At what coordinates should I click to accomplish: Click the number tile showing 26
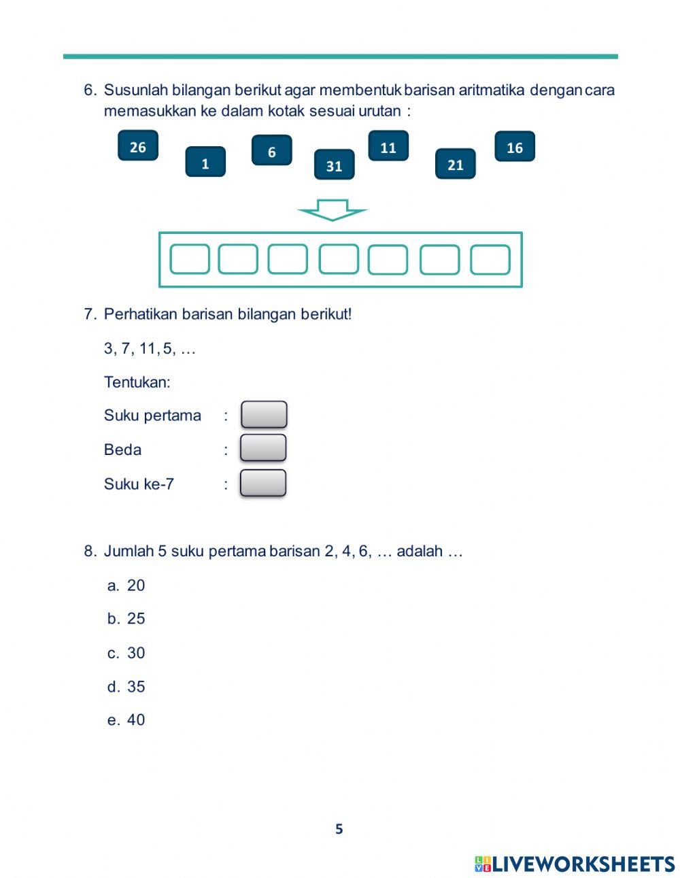pos(137,146)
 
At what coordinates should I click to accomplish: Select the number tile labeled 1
pos(205,163)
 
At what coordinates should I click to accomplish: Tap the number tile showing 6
pos(271,151)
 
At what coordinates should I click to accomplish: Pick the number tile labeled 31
pos(334,165)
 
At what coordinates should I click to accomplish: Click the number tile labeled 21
pos(455,164)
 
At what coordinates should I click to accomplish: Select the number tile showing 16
pos(514,147)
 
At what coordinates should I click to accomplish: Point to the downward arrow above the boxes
pos(333,209)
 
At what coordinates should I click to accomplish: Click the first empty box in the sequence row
pos(189,259)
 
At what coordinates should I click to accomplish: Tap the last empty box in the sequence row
pos(490,259)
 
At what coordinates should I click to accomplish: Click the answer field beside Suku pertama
pos(264,415)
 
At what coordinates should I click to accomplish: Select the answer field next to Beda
pos(263,448)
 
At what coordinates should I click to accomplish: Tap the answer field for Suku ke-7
pos(263,483)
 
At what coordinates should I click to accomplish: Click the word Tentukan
pos(137,382)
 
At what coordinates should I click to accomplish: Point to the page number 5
pos(339,829)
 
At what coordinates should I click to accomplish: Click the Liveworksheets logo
pos(575,864)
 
